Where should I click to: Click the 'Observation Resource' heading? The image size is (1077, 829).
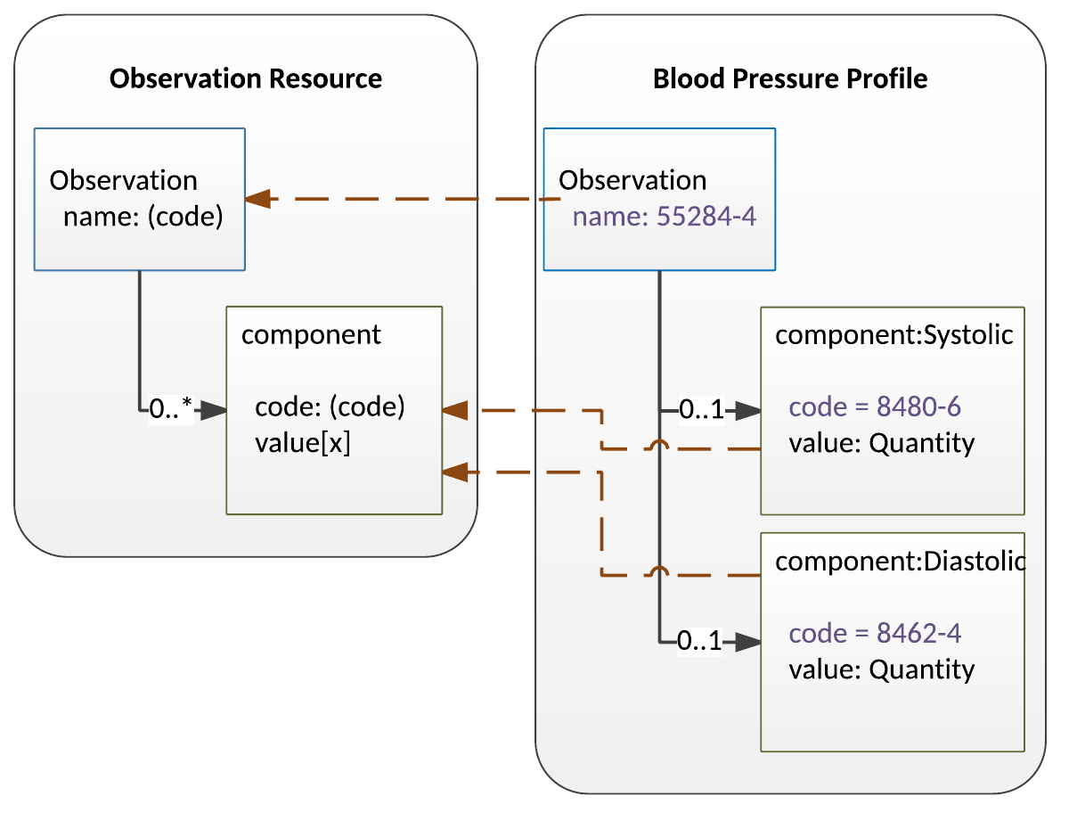point(245,78)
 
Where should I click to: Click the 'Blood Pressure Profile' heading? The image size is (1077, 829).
point(789,78)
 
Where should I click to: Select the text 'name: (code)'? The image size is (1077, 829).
point(143,217)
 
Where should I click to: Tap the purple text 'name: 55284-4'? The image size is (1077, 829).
point(664,217)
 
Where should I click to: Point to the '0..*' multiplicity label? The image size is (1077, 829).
point(171,410)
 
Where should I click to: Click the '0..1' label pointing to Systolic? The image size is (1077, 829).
point(701,411)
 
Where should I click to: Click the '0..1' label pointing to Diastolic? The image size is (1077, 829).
point(699,641)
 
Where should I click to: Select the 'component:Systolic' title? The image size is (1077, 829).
point(893,335)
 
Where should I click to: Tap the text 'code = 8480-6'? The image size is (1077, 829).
point(874,407)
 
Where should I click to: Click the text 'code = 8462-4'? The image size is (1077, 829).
point(874,634)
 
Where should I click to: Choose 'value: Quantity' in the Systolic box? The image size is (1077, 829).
point(881,443)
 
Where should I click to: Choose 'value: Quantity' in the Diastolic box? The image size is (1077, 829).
point(881,669)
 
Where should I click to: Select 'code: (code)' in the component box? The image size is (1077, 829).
point(330,407)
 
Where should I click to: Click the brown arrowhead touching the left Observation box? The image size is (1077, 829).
point(258,199)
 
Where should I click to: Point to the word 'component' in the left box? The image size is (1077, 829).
point(311,335)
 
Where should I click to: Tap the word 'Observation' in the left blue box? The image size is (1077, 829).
point(123,180)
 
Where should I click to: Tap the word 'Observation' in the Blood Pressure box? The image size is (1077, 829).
point(632,180)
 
